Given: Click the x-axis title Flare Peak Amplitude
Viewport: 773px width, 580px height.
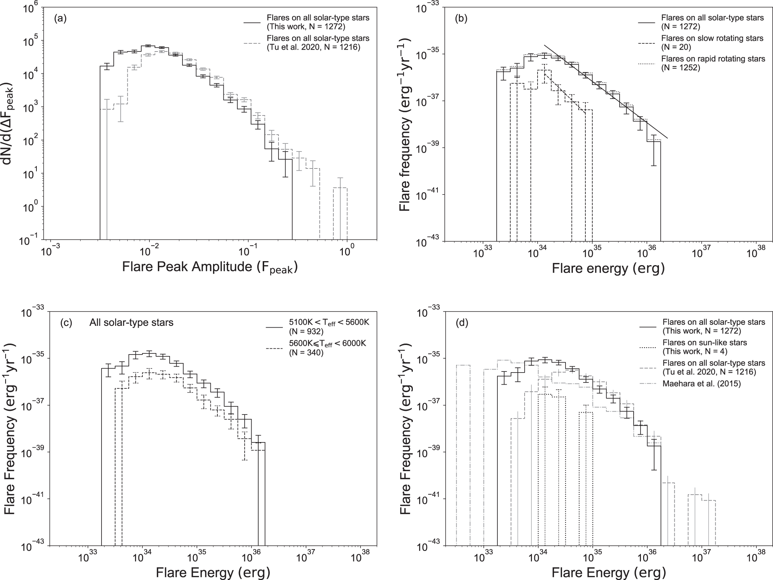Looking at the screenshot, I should pyautogui.click(x=210, y=268).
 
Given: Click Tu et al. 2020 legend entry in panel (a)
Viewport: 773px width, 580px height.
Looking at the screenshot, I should pyautogui.click(x=318, y=43).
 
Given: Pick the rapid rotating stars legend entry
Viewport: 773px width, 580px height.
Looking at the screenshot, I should pyautogui.click(x=713, y=63).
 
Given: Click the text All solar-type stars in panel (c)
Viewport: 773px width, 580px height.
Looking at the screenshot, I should pyautogui.click(x=131, y=323).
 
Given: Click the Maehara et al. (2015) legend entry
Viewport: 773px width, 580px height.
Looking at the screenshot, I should pyautogui.click(x=701, y=384).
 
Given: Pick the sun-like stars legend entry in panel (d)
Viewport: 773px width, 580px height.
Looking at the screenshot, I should pyautogui.click(x=704, y=347).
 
